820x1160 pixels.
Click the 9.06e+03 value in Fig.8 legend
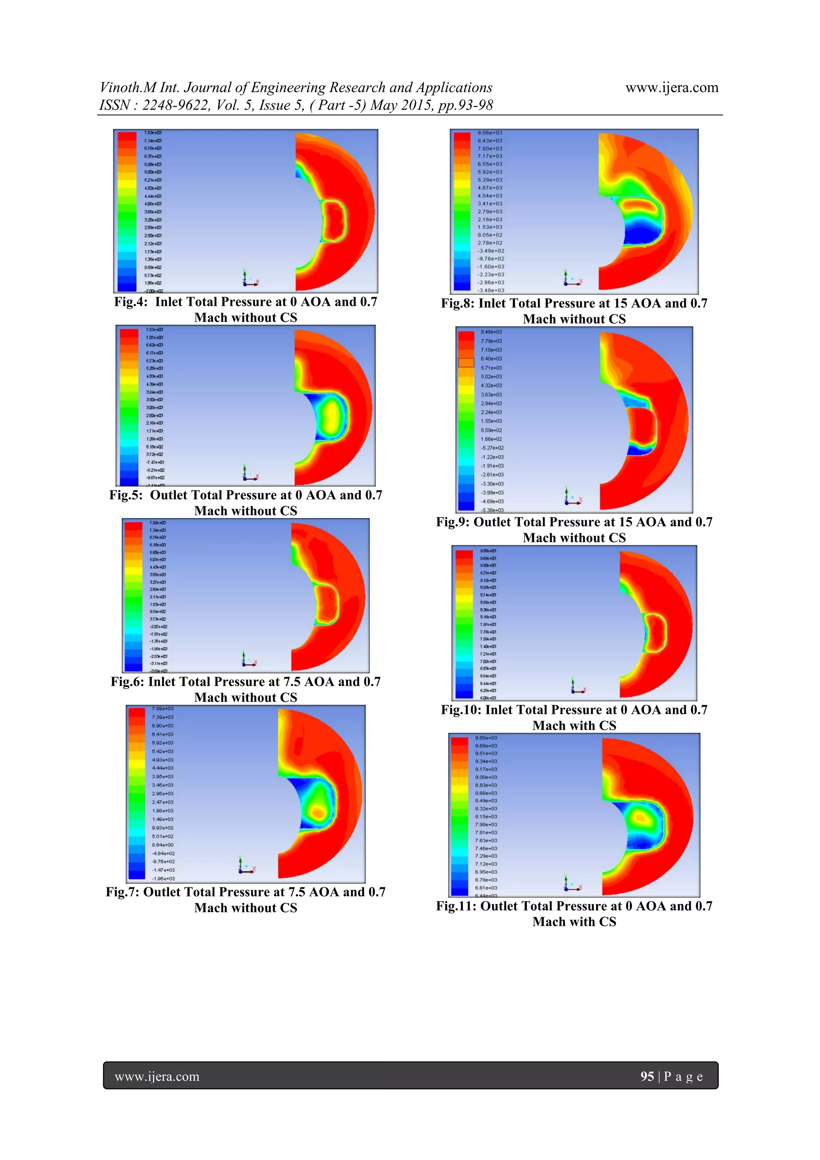pos(490,133)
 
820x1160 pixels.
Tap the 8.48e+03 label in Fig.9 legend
pos(491,332)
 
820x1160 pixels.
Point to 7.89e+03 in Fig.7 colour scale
pos(162,709)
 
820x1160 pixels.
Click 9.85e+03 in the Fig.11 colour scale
pos(486,738)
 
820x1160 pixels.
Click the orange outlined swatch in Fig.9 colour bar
pos(466,362)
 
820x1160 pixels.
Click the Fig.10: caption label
pos(461,710)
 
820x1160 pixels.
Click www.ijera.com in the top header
pos(671,88)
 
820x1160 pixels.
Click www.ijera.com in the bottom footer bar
pos(157,1077)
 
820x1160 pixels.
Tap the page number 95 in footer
pos(647,1077)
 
